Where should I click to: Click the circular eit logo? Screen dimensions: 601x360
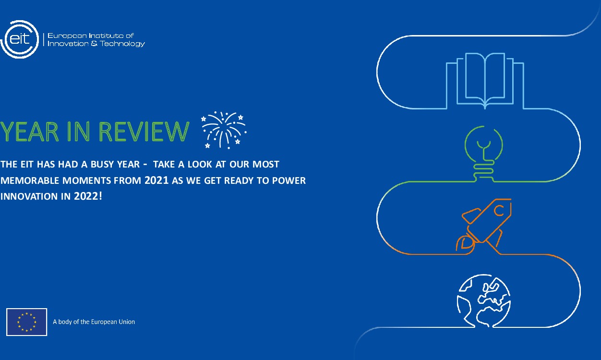[x=19, y=39]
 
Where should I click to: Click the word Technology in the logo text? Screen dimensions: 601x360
[x=122, y=44]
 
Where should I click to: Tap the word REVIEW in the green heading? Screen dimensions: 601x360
[x=144, y=132]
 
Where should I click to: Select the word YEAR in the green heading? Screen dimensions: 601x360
[x=29, y=132]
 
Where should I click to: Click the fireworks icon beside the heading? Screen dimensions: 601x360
[x=224, y=130]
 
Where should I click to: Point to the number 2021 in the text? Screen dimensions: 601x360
[x=156, y=180]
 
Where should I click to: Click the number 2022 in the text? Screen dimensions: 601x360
[x=86, y=196]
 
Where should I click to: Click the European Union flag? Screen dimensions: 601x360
[x=26, y=322]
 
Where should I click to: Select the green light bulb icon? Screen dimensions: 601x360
[x=484, y=153]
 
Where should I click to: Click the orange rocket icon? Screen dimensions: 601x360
[x=484, y=227]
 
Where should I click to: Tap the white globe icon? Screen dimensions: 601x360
[x=484, y=300]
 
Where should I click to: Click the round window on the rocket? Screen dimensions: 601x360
[x=499, y=211]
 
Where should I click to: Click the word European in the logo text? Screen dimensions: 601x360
[x=67, y=36]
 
